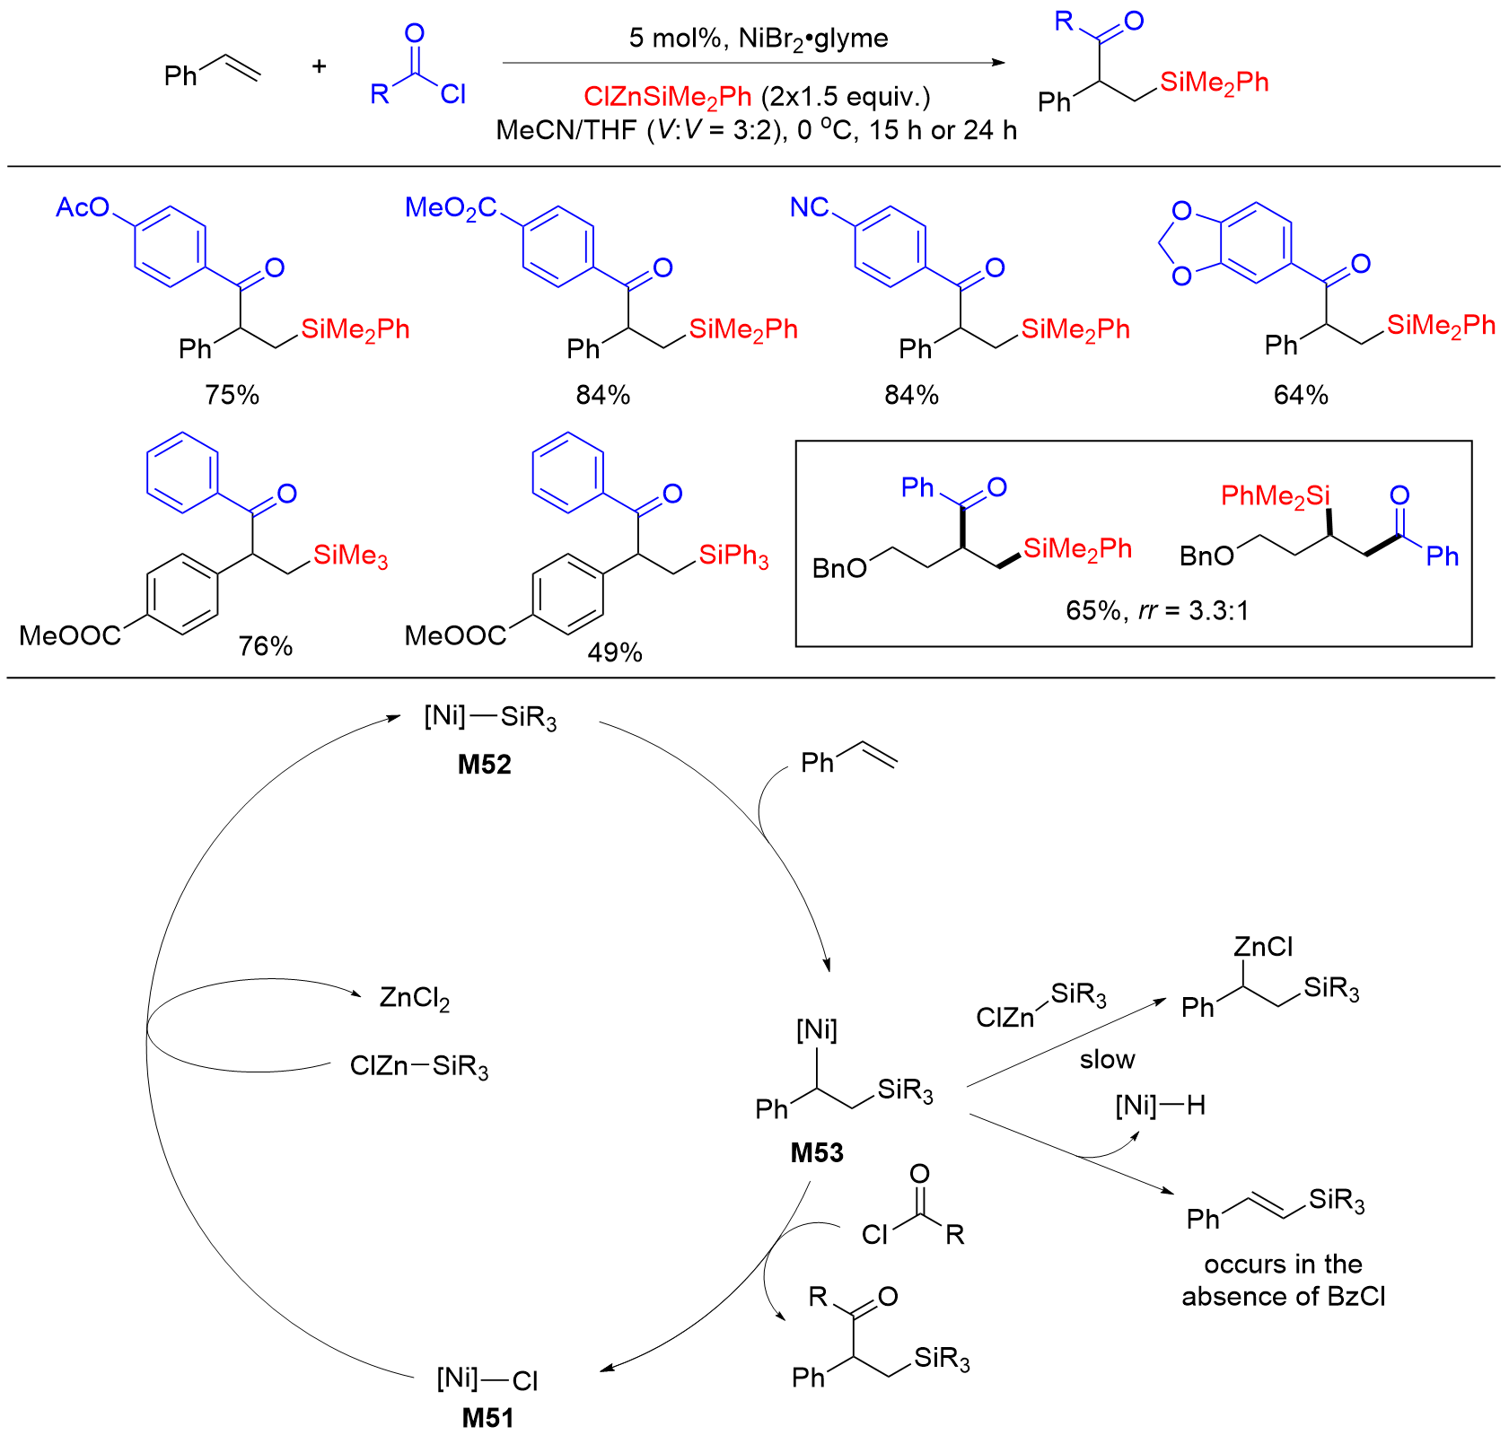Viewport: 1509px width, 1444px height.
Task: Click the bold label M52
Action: [x=484, y=765]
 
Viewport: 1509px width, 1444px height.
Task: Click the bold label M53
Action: [x=817, y=1152]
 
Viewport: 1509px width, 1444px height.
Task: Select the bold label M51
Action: [x=487, y=1418]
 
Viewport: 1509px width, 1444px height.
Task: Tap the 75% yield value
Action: [x=232, y=395]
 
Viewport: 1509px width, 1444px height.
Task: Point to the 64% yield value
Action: [x=1301, y=395]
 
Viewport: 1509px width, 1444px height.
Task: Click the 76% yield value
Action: [x=266, y=646]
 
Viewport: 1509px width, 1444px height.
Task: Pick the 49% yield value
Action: [x=615, y=652]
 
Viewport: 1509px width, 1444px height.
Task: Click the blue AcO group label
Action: [x=82, y=208]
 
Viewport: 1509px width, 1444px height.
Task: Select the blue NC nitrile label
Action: [x=809, y=208]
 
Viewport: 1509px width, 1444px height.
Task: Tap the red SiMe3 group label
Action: [x=350, y=556]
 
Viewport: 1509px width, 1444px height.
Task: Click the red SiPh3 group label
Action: [x=733, y=556]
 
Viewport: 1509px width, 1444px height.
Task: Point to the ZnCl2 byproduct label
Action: [x=414, y=998]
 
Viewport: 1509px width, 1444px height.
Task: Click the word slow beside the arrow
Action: [x=1107, y=1060]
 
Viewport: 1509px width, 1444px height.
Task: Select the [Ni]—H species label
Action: [x=1160, y=1106]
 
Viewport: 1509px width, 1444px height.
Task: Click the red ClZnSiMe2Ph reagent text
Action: [x=667, y=97]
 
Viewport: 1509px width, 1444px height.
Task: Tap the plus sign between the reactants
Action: [x=319, y=66]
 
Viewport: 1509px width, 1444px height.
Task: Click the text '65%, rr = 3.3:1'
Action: [x=1157, y=611]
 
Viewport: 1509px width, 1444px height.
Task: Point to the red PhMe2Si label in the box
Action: [x=1275, y=496]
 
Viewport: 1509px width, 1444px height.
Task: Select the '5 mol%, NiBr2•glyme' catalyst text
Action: [x=759, y=38]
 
